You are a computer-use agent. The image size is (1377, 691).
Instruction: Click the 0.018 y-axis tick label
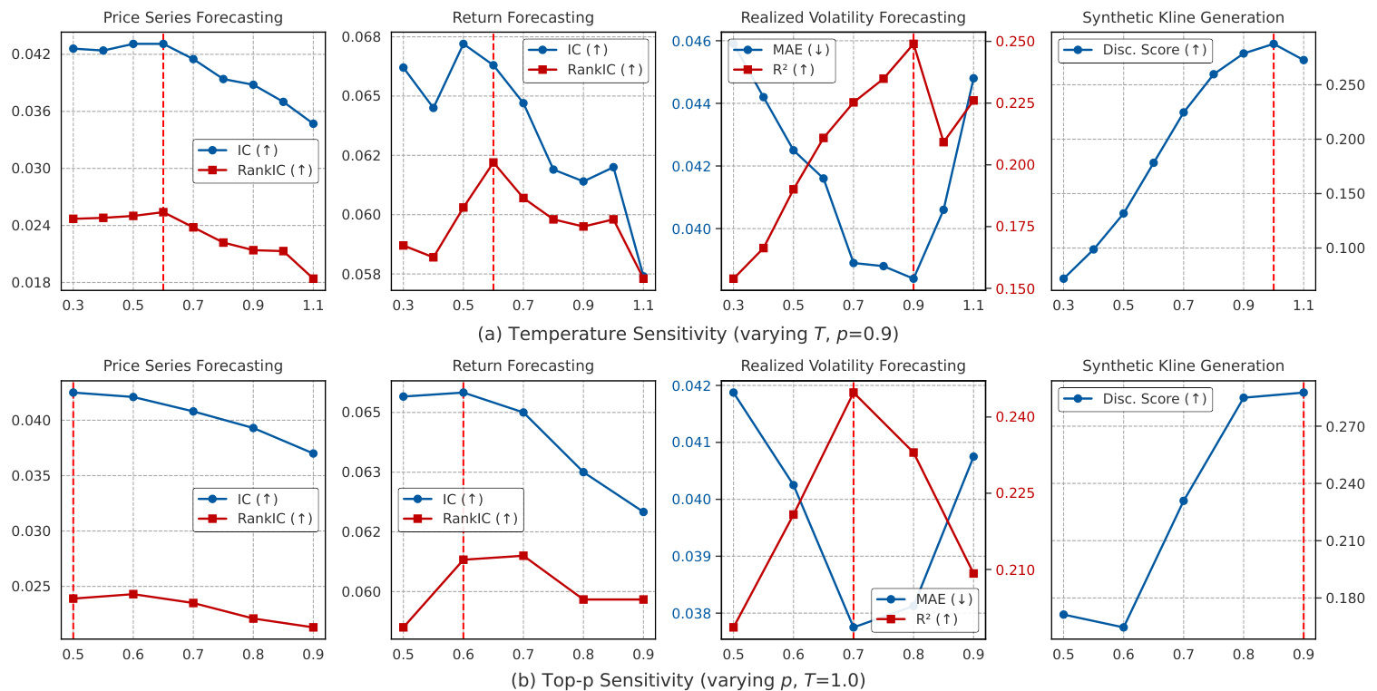[36, 283]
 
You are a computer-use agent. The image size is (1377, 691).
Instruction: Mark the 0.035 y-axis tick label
[36, 476]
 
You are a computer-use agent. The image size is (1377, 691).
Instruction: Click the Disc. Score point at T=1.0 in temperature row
[1274, 44]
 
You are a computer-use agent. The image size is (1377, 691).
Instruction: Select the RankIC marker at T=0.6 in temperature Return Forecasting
[493, 162]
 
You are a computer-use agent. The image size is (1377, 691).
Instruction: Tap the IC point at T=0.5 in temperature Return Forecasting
[463, 44]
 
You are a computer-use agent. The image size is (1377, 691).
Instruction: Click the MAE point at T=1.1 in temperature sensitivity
[973, 78]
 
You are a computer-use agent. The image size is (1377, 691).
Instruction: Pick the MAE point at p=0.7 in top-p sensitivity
[854, 627]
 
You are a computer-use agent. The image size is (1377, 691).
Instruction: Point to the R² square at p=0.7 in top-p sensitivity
[854, 393]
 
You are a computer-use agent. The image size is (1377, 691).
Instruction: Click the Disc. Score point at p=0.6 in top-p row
[1123, 627]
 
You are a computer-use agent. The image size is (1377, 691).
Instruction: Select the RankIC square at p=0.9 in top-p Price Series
[313, 627]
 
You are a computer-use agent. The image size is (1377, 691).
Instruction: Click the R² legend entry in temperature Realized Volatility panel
[781, 68]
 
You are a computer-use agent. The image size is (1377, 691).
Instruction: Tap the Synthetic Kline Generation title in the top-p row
[1183, 366]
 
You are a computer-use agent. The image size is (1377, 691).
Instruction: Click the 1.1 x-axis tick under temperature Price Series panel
[313, 307]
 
